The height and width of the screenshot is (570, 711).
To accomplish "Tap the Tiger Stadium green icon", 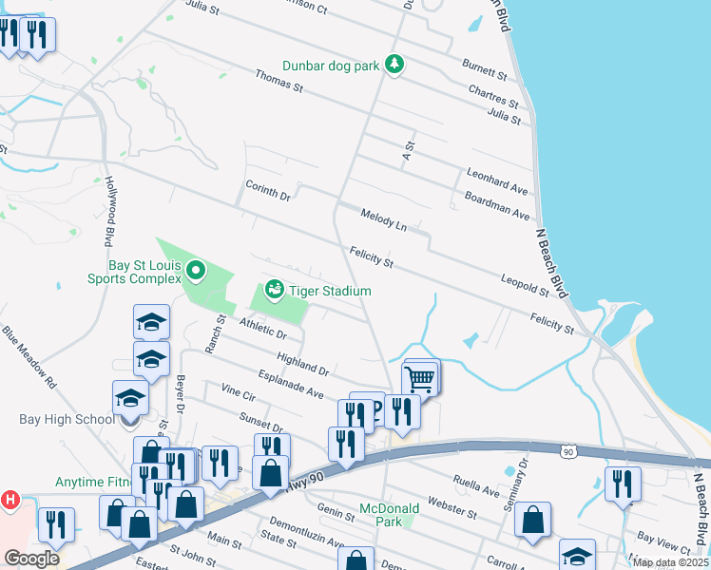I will tap(275, 288).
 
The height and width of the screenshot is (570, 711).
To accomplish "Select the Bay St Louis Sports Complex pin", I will tap(196, 272).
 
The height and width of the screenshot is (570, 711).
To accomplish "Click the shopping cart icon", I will tap(419, 377).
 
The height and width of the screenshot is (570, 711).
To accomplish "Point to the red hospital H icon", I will tap(10, 499).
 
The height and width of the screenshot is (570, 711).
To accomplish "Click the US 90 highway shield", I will tap(567, 452).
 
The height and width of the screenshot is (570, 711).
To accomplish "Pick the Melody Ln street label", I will tap(384, 221).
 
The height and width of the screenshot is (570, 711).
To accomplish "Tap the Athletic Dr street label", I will tap(263, 330).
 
